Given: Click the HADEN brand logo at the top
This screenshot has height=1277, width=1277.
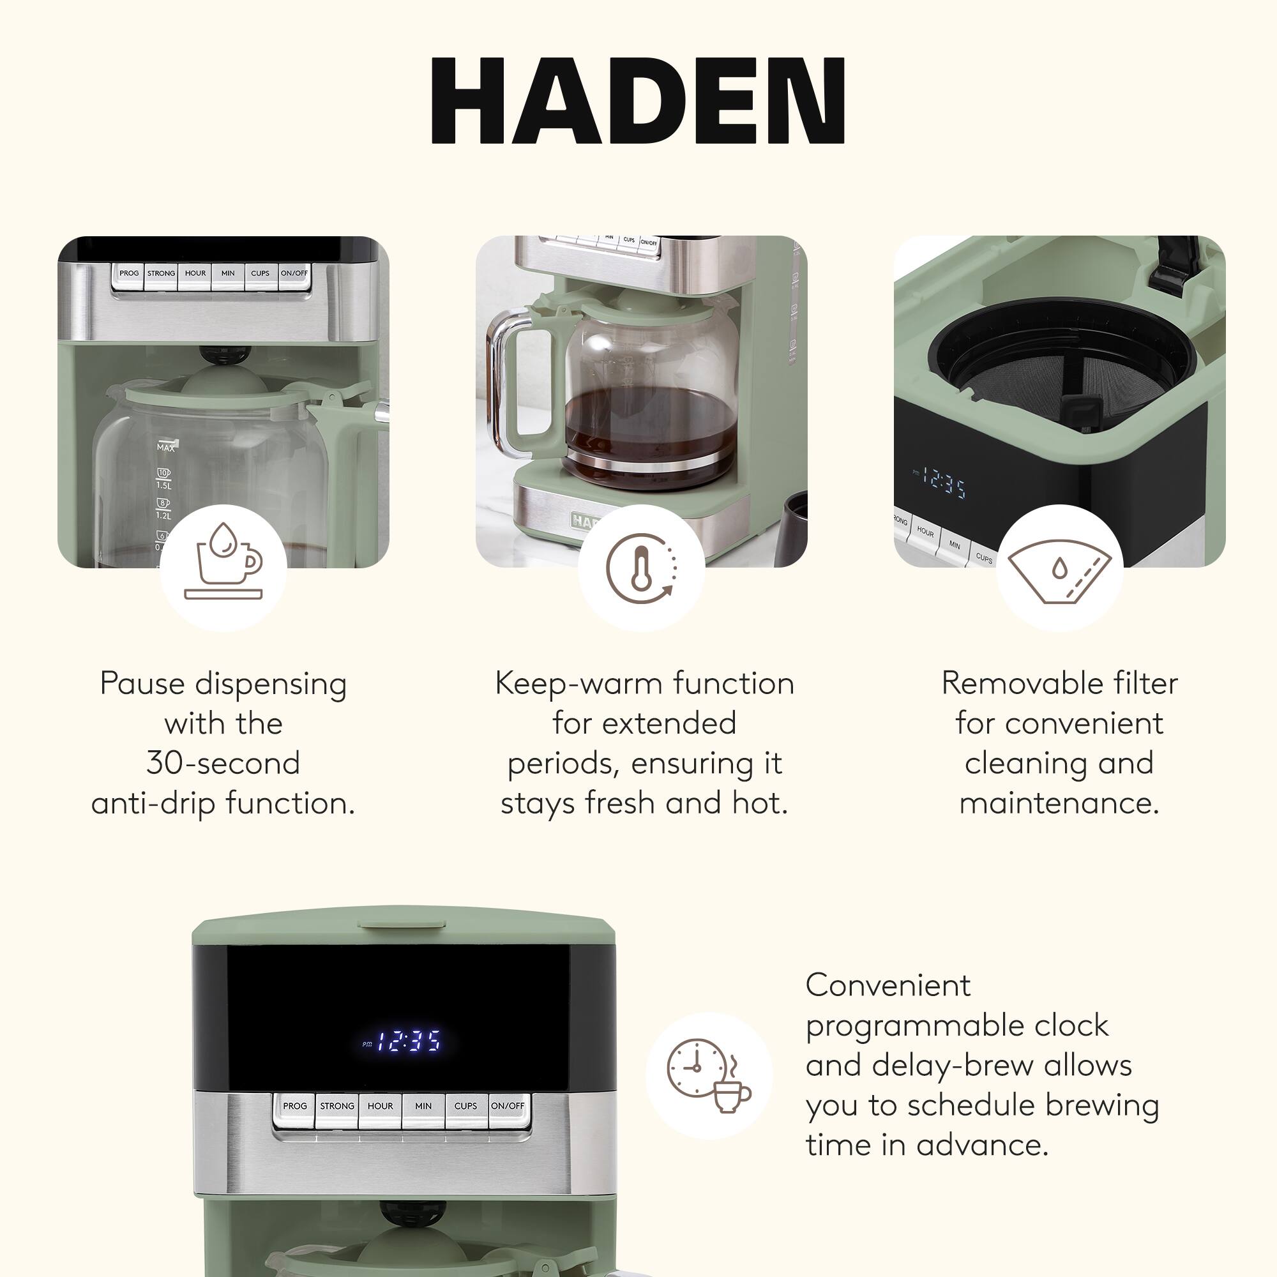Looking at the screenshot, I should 638,100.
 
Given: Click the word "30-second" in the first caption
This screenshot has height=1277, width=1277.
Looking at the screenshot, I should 223,764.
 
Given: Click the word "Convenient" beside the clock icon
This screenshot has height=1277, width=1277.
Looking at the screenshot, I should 888,985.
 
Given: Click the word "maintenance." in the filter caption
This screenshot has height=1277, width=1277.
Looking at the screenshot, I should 1059,804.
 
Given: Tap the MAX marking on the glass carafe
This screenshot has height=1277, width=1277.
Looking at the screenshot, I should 166,448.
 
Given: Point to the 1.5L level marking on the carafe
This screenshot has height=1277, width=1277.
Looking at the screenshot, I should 163,485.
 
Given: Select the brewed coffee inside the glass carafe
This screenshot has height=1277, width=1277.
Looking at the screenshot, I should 651,430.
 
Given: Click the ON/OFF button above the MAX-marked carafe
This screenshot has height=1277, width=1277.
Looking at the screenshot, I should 294,274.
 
